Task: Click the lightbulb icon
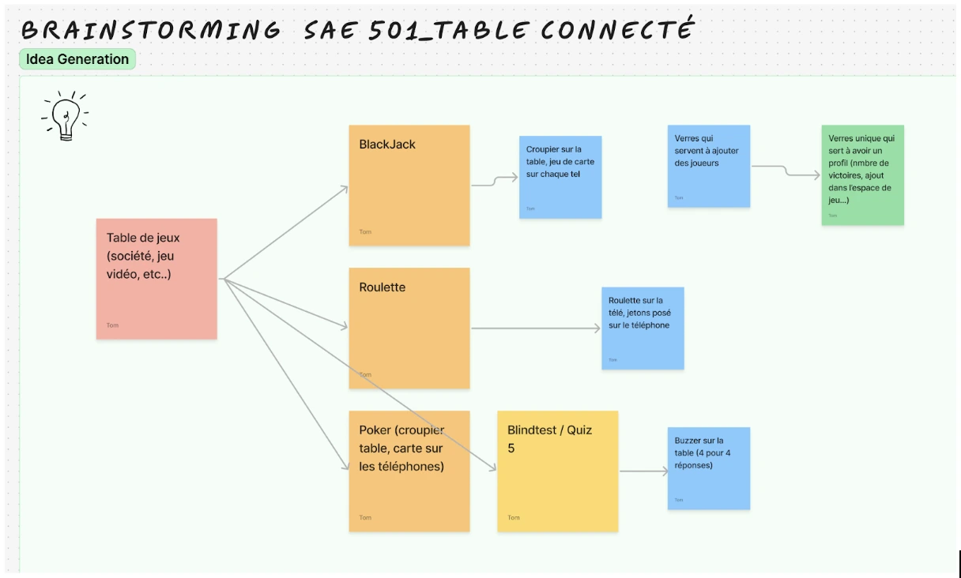[65, 117]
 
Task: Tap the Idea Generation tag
[77, 59]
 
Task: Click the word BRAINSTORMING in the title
[151, 30]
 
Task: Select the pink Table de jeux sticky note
[156, 279]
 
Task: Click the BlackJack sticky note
[409, 185]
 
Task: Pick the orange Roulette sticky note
[409, 328]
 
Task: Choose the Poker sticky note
[409, 471]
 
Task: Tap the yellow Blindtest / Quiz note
[557, 471]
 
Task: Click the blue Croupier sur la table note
[560, 177]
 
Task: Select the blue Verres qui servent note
[708, 166]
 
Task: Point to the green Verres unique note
[862, 175]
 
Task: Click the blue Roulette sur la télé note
[643, 328]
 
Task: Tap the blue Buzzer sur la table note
[708, 468]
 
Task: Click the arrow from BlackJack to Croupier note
[495, 182]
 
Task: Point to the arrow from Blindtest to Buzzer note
[643, 471]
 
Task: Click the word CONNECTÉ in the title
[617, 30]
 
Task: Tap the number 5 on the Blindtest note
[511, 449]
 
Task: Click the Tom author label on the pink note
[112, 325]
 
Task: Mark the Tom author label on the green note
[832, 215]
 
